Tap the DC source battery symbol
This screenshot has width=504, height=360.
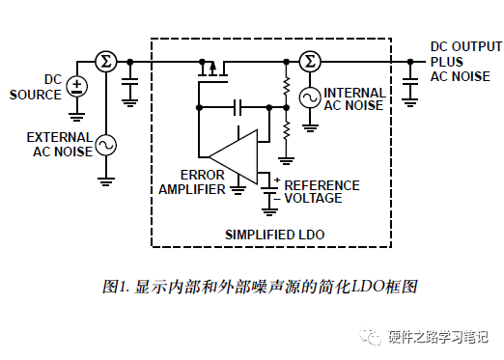(x=76, y=87)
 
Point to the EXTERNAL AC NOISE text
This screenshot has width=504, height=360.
(x=60, y=145)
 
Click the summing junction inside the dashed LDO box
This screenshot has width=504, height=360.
(x=310, y=62)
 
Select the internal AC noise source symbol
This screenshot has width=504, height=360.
(x=310, y=97)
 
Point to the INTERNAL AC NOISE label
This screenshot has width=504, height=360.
(x=355, y=97)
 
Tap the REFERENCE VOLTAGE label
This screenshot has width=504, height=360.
(x=321, y=191)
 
